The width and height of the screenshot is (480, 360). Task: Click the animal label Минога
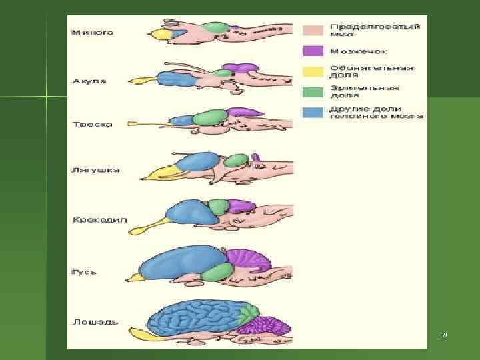[93, 32]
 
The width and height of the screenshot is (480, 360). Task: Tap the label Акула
[89, 81]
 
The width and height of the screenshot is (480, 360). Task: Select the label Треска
[92, 124]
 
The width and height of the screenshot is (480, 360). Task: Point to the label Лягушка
[95, 170]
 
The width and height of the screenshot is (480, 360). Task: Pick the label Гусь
[84, 272]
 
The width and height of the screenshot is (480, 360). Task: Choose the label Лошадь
[95, 321]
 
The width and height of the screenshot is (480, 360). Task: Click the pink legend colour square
[313, 31]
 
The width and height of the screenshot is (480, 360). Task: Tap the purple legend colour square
[313, 51]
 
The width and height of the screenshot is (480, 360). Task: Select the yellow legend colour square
[313, 71]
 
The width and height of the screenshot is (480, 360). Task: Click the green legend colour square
[313, 91]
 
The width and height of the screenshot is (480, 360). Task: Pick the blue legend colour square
[313, 111]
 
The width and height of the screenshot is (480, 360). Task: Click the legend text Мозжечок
[358, 51]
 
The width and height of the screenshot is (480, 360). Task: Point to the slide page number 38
[443, 334]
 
